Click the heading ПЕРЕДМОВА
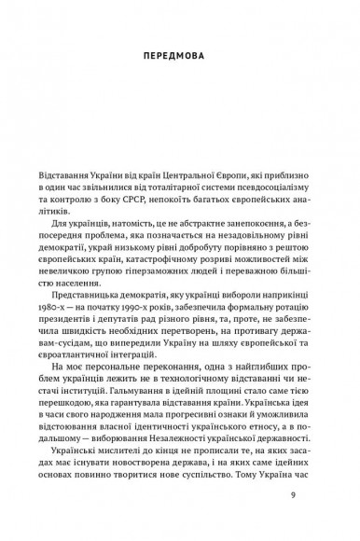(180, 53)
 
